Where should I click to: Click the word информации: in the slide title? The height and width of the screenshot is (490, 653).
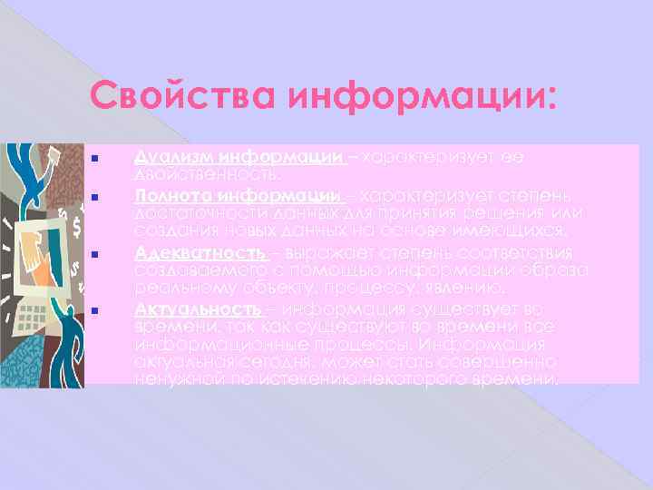click(422, 95)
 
